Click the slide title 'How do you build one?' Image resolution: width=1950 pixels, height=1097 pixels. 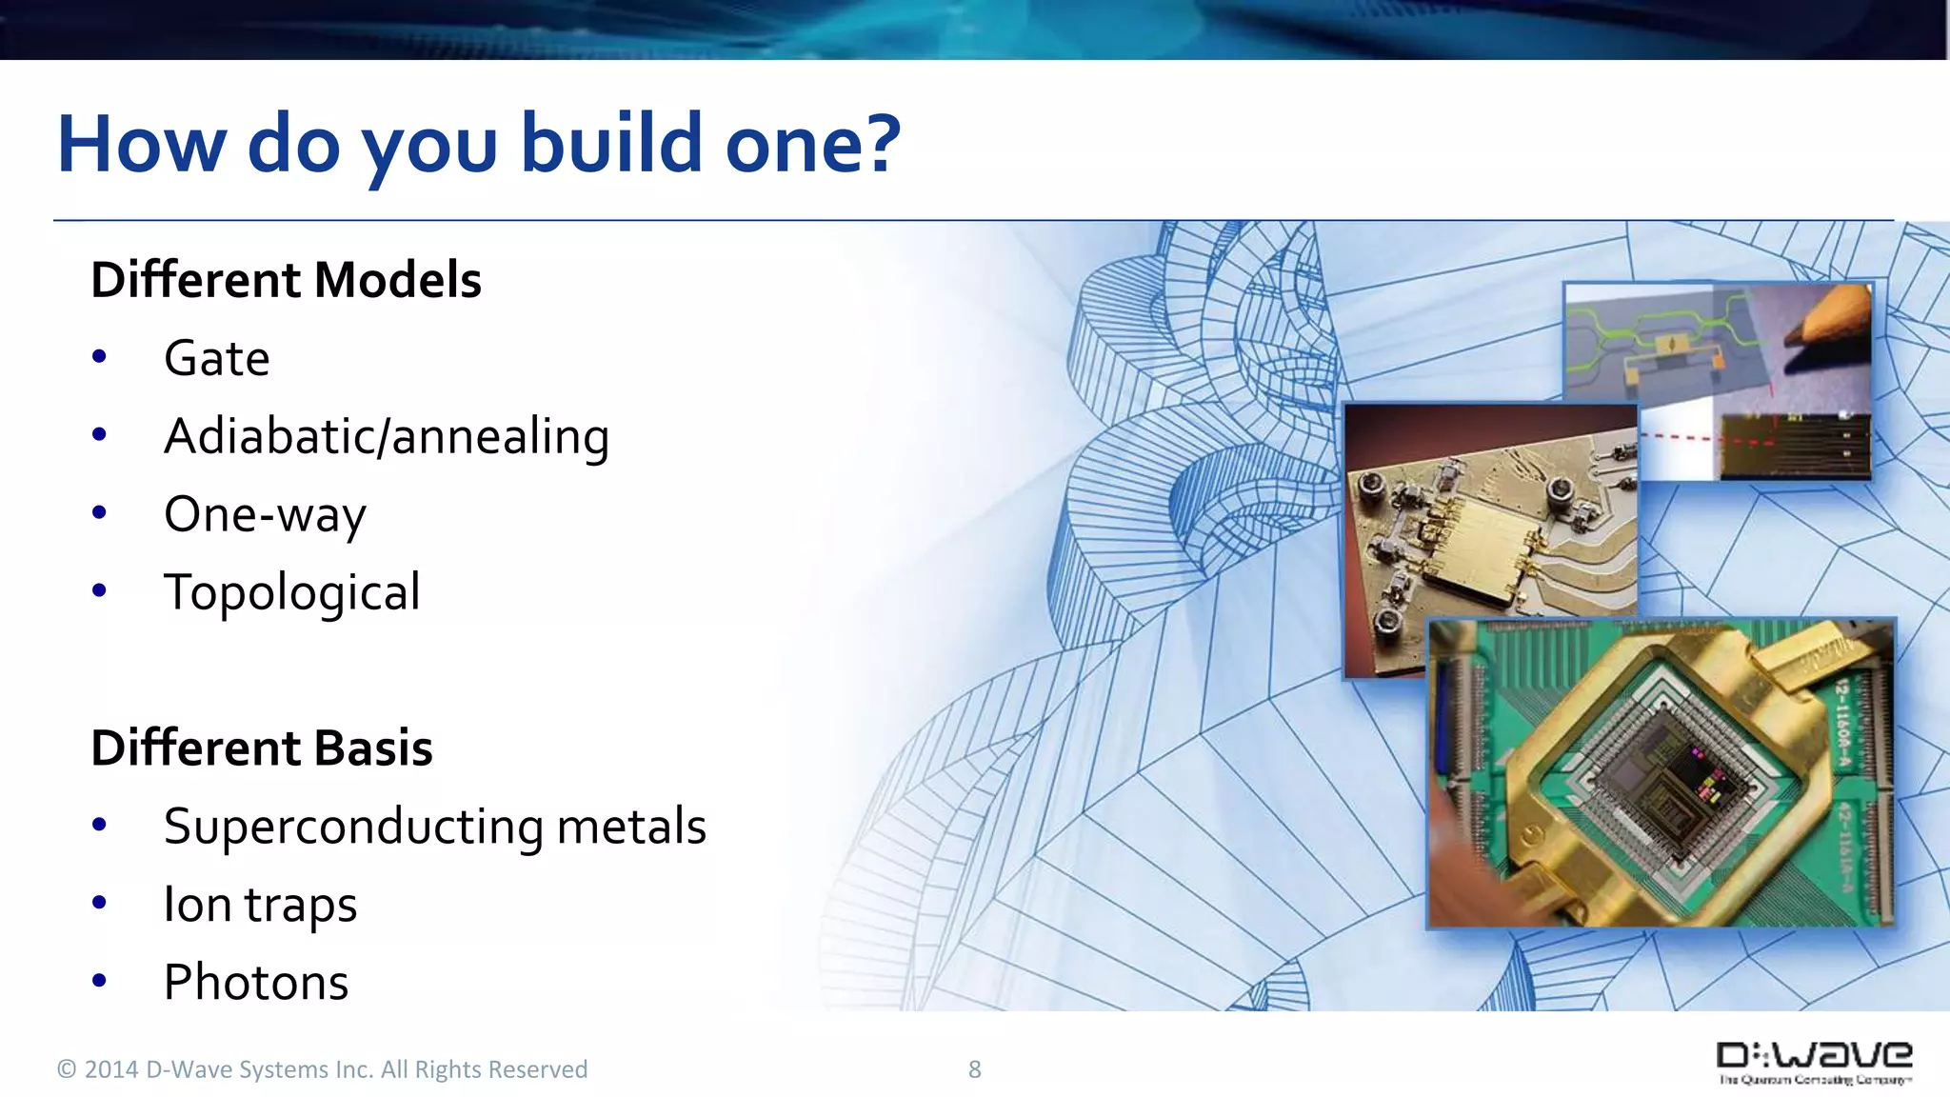478,145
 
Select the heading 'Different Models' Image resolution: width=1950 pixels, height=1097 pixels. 286,280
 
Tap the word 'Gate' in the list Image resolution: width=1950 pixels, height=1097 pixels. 217,359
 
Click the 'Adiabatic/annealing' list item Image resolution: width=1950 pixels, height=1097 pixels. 386,437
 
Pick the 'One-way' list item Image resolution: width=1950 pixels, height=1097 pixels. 265,515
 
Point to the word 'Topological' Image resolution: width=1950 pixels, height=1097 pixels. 291,592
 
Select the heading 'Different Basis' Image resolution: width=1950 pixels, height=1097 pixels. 262,748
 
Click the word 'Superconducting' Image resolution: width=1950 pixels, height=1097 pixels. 353,827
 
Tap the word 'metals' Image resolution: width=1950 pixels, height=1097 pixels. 631,827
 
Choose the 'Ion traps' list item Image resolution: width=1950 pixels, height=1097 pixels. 260,905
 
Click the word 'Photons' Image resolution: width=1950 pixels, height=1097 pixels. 256,983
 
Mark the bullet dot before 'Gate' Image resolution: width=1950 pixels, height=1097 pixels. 100,358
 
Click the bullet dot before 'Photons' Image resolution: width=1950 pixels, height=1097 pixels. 100,981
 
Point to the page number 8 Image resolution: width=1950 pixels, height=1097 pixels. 974,1069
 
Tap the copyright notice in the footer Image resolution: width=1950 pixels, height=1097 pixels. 322,1069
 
